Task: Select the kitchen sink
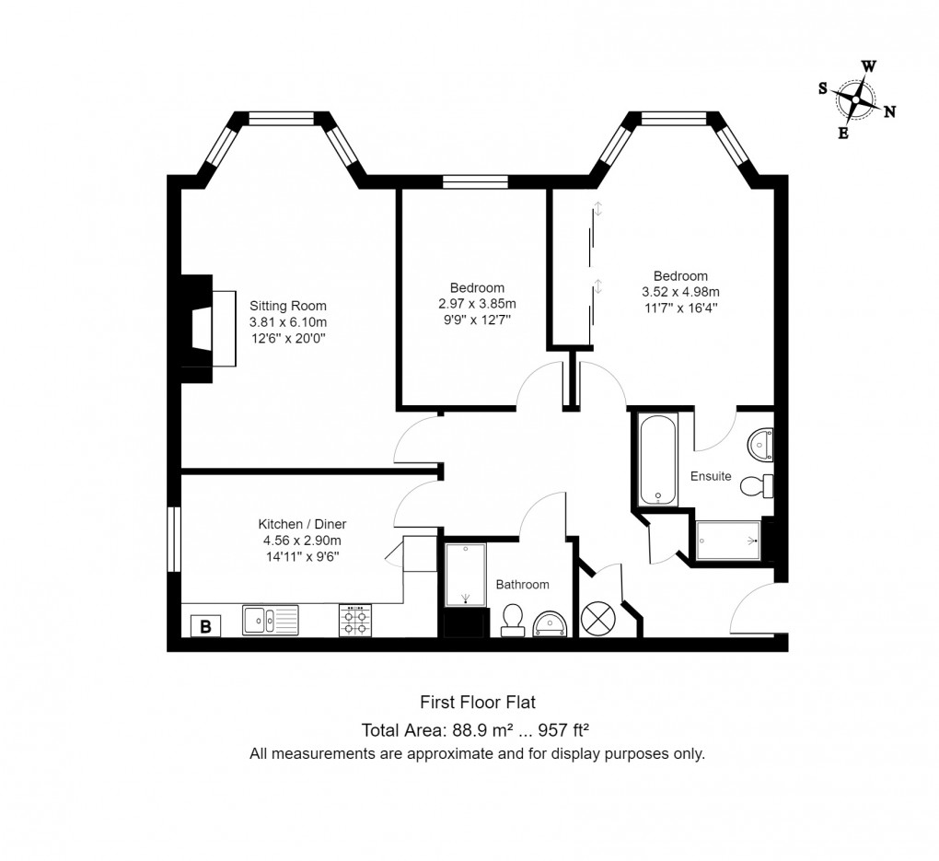(270, 620)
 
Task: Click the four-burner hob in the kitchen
(355, 620)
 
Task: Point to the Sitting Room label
(287, 306)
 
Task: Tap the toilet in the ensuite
(758, 484)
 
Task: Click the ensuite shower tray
(728, 541)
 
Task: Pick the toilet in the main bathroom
(514, 621)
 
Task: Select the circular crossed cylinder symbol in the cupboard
(600, 618)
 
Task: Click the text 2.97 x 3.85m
(477, 304)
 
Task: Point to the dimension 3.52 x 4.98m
(680, 292)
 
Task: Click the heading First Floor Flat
(477, 703)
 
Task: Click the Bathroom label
(522, 585)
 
